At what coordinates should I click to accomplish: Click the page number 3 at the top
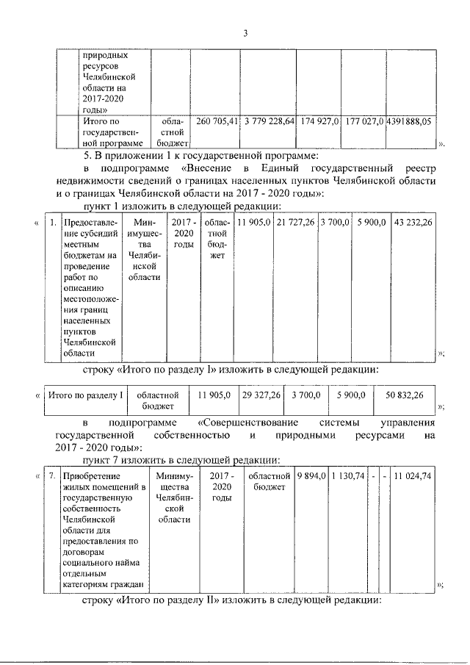(246, 33)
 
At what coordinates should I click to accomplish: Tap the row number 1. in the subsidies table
(51, 222)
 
